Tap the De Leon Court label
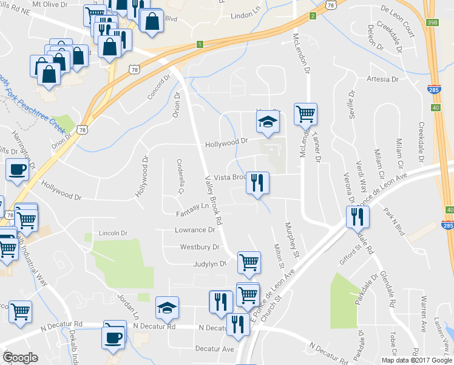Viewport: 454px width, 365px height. pyautogui.click(x=402, y=9)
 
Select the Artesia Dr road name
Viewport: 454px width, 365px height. pyautogui.click(x=382, y=79)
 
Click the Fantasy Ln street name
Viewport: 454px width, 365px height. pyautogui.click(x=192, y=214)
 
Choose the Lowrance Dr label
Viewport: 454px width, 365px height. pyautogui.click(x=195, y=231)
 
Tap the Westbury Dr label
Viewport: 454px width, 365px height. pyautogui.click(x=199, y=247)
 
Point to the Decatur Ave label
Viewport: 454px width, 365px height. pyautogui.click(x=214, y=349)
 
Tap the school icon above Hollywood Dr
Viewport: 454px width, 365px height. pyautogui.click(x=266, y=121)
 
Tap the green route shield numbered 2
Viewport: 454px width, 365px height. pyautogui.click(x=313, y=15)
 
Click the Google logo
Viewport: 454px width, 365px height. pyautogui.click(x=20, y=358)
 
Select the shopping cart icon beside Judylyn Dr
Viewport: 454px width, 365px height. pyautogui.click(x=249, y=262)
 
